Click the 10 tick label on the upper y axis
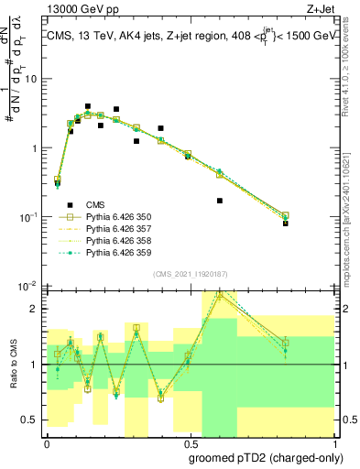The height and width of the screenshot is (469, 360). tap(31, 79)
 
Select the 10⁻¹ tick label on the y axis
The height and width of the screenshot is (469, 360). tap(29, 217)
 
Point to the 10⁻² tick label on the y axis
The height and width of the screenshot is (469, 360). tap(29, 286)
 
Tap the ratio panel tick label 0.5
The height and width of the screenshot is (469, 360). tap(31, 420)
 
